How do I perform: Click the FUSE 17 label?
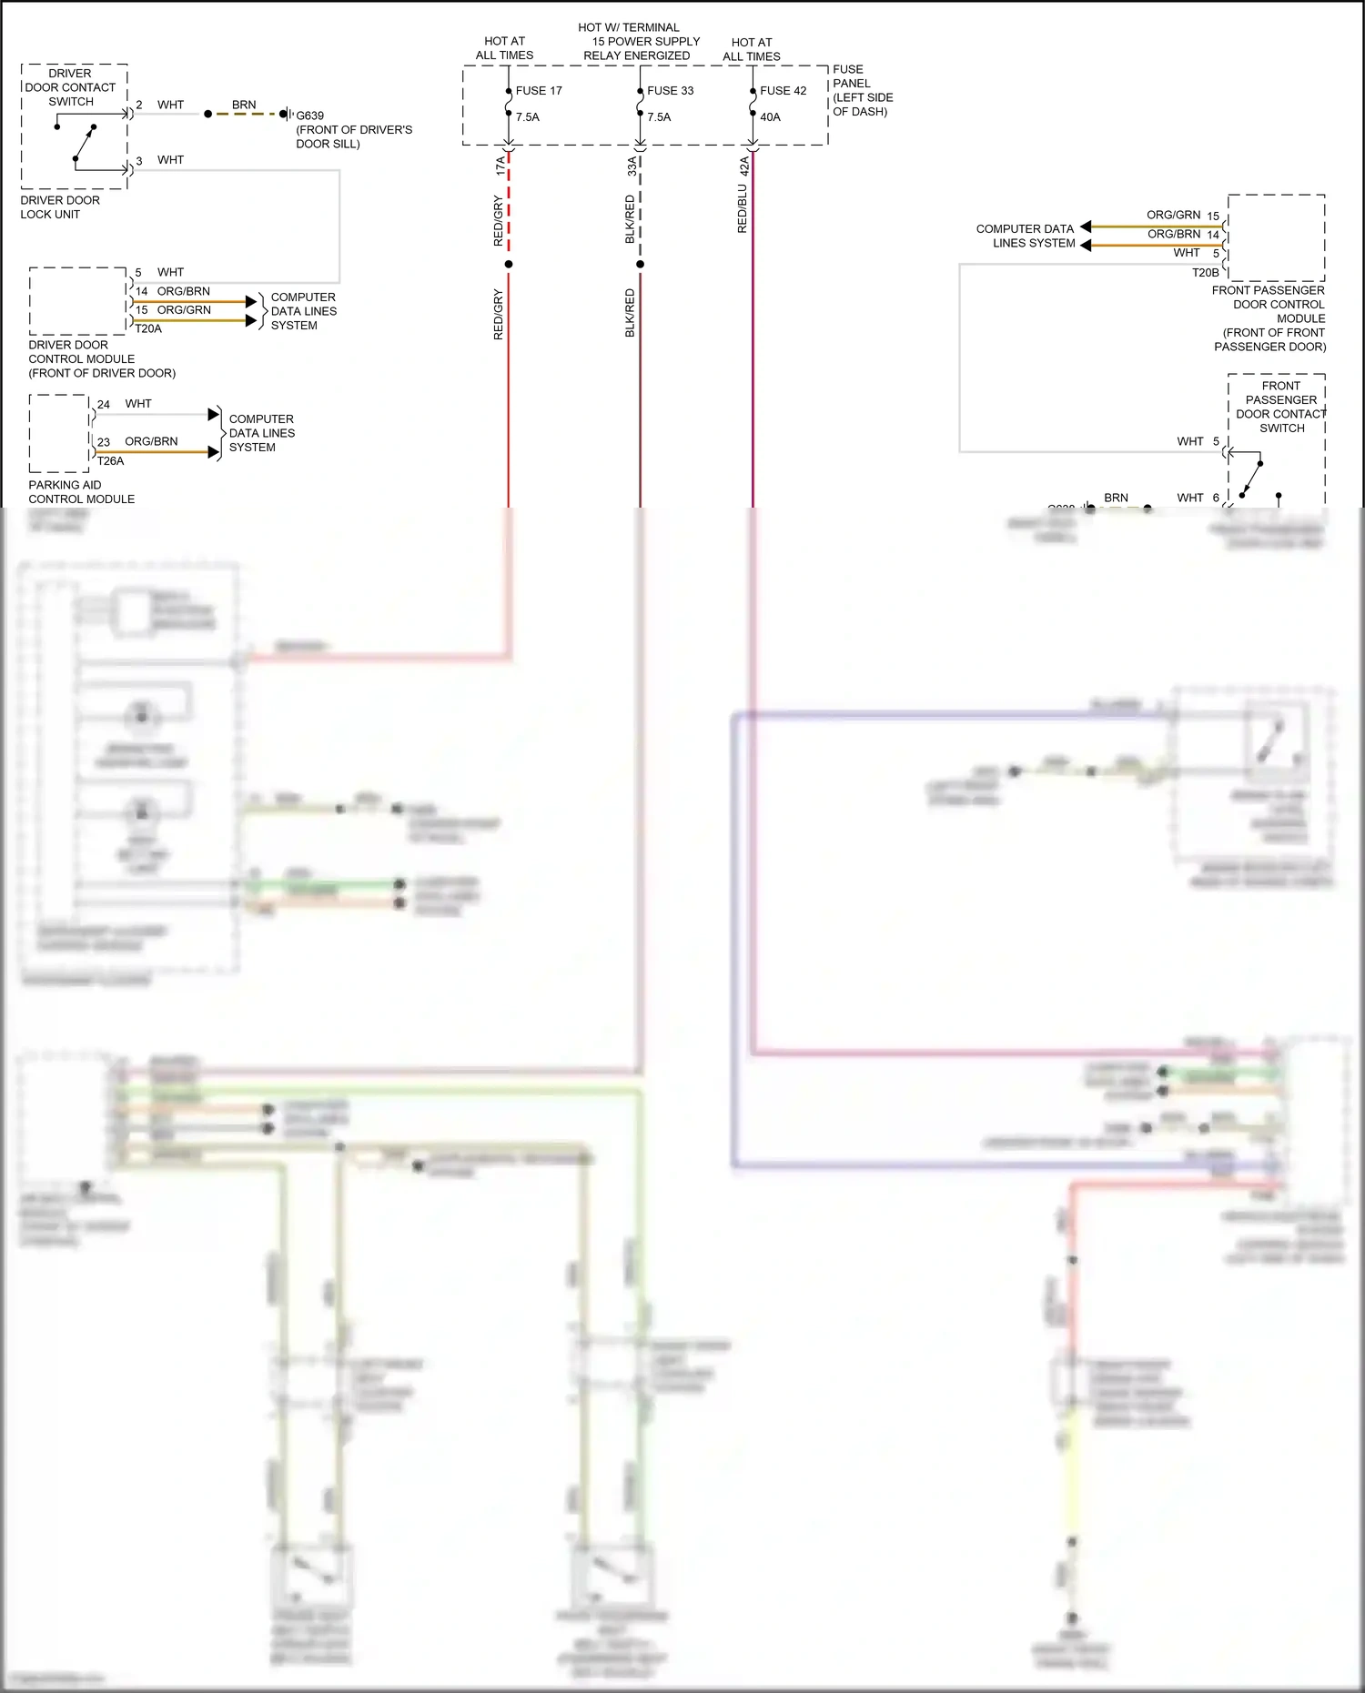coord(539,91)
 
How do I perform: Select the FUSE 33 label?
coord(670,91)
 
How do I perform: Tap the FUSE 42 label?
coord(783,91)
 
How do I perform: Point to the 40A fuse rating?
coord(770,117)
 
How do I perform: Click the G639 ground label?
coord(309,116)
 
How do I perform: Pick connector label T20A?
coord(148,329)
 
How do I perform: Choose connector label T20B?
coord(1205,273)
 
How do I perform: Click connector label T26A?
coord(110,461)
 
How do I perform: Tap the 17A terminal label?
coord(500,166)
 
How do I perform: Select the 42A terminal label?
coord(744,166)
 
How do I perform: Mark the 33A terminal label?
coord(632,166)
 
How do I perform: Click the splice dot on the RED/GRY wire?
coord(509,265)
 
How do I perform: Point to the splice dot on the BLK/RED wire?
coord(641,265)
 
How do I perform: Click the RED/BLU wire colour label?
coord(743,209)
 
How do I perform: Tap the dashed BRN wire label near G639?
coord(244,106)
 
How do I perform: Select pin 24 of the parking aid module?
coord(104,405)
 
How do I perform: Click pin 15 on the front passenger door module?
coord(1213,217)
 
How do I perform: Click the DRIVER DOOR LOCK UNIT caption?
coord(60,207)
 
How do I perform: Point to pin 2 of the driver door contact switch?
coord(139,106)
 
